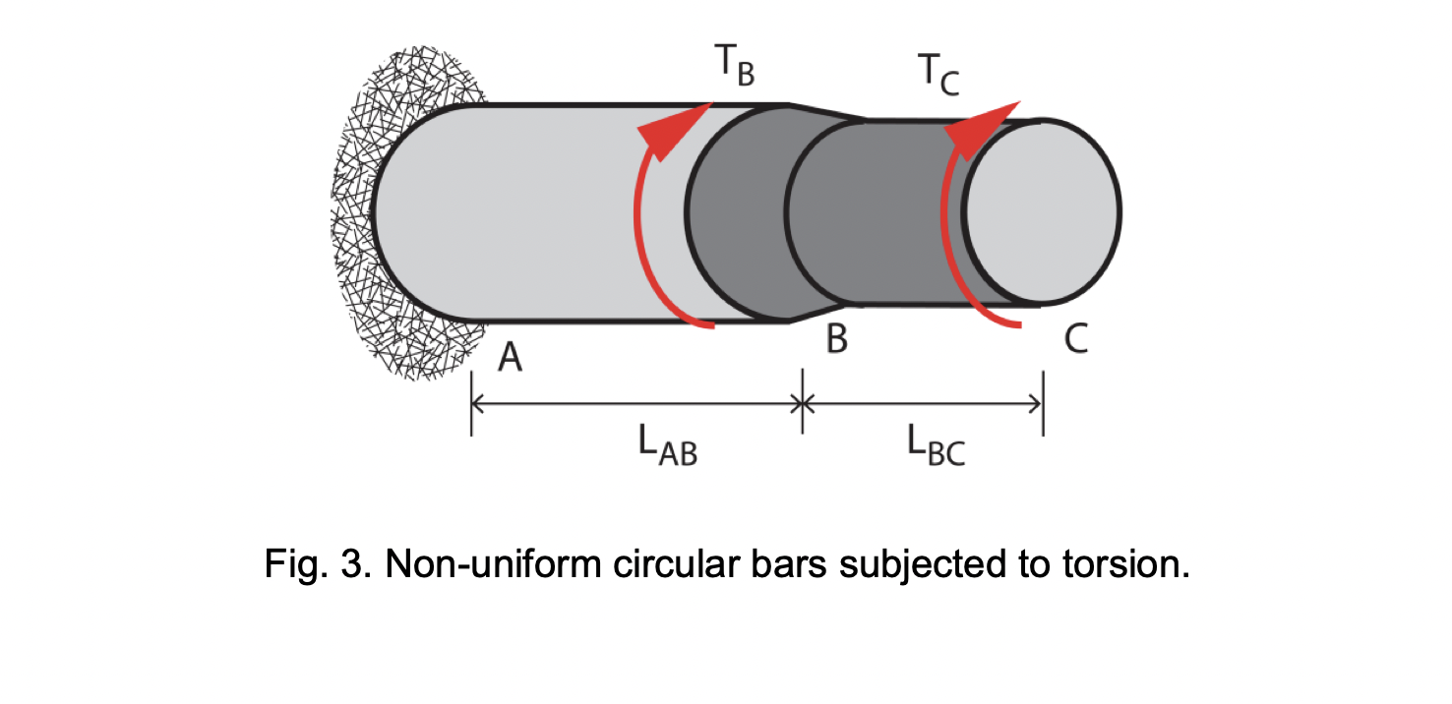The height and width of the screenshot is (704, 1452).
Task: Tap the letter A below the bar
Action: (x=509, y=358)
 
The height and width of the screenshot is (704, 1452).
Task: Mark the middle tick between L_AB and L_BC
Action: (x=803, y=401)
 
